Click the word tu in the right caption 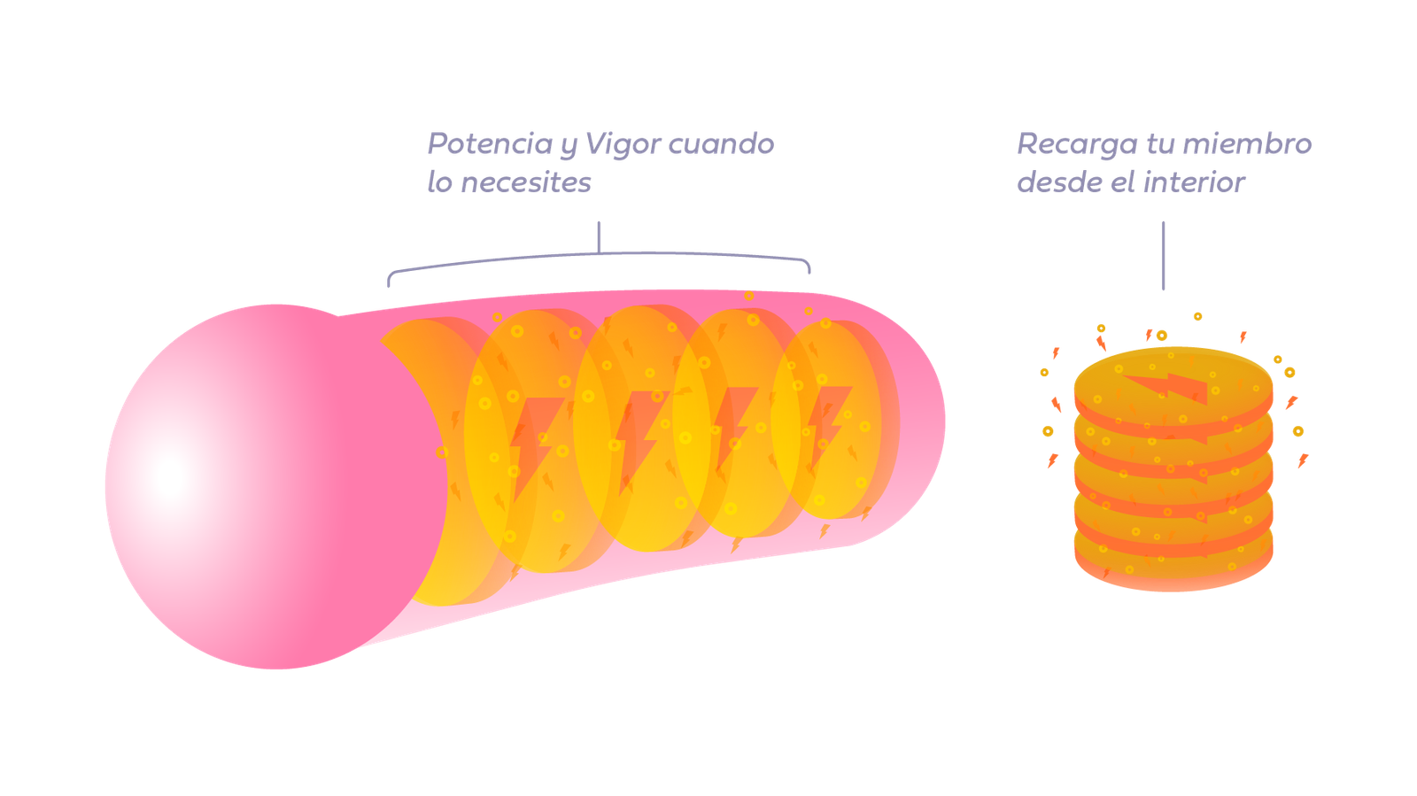coord(1159,143)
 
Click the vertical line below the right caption coord(1164,256)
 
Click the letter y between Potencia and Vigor coord(568,147)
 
